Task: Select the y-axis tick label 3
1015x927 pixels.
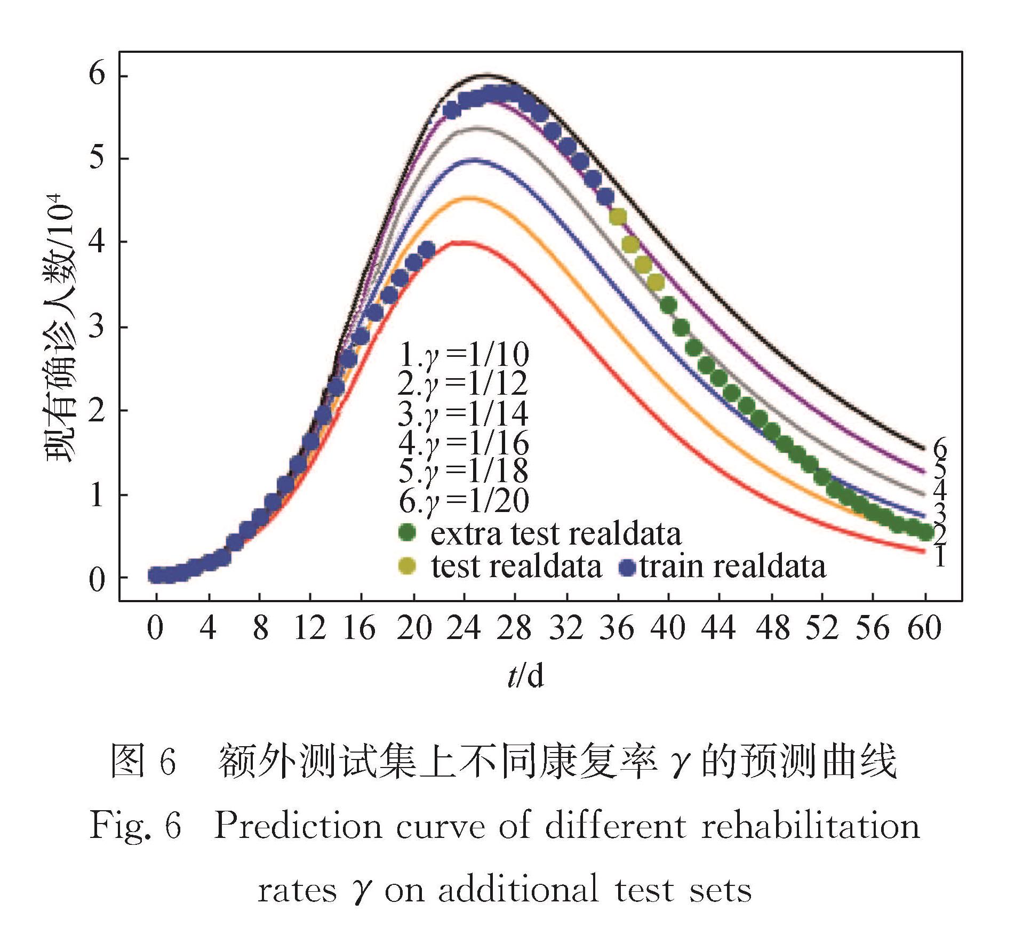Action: point(97,326)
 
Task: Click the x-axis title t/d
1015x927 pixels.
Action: point(526,676)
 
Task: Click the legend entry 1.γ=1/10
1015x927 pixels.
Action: point(463,354)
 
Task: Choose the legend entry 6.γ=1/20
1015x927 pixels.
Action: point(463,500)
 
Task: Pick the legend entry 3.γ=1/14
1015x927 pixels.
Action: point(463,413)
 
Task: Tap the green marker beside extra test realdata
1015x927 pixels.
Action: point(407,532)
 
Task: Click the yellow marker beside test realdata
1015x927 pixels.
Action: point(407,566)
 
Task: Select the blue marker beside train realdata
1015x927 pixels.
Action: point(628,567)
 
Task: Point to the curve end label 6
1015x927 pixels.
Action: point(940,449)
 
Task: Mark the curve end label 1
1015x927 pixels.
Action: point(940,557)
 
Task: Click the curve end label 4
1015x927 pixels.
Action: point(940,490)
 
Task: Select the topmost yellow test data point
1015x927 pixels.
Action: point(618,217)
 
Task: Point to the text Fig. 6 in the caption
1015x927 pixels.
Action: point(135,826)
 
